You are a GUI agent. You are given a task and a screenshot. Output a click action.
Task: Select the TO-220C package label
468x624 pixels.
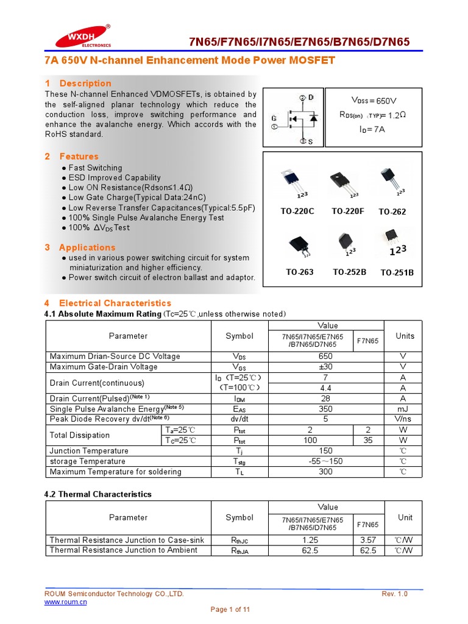(297, 211)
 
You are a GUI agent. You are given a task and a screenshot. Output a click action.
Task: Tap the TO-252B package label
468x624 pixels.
(349, 272)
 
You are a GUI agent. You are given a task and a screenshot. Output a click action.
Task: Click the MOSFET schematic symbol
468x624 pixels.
(293, 118)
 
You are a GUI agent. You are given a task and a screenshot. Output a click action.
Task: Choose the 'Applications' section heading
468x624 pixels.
(87, 247)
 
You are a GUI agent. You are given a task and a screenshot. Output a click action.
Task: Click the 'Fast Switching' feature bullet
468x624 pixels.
(95, 168)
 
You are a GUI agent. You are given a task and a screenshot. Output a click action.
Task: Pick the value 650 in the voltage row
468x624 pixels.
(326, 356)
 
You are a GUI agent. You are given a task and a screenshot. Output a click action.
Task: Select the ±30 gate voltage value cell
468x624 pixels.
(326, 367)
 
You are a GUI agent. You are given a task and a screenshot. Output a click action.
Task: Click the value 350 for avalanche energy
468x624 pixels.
(326, 409)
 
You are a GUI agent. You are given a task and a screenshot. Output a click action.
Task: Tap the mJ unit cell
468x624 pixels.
(402, 409)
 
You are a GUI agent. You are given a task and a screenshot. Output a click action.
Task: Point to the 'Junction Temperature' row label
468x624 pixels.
(89, 451)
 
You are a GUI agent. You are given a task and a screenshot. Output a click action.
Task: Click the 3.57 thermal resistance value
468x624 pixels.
(369, 540)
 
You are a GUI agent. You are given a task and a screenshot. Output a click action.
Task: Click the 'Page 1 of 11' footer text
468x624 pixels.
(230, 609)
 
